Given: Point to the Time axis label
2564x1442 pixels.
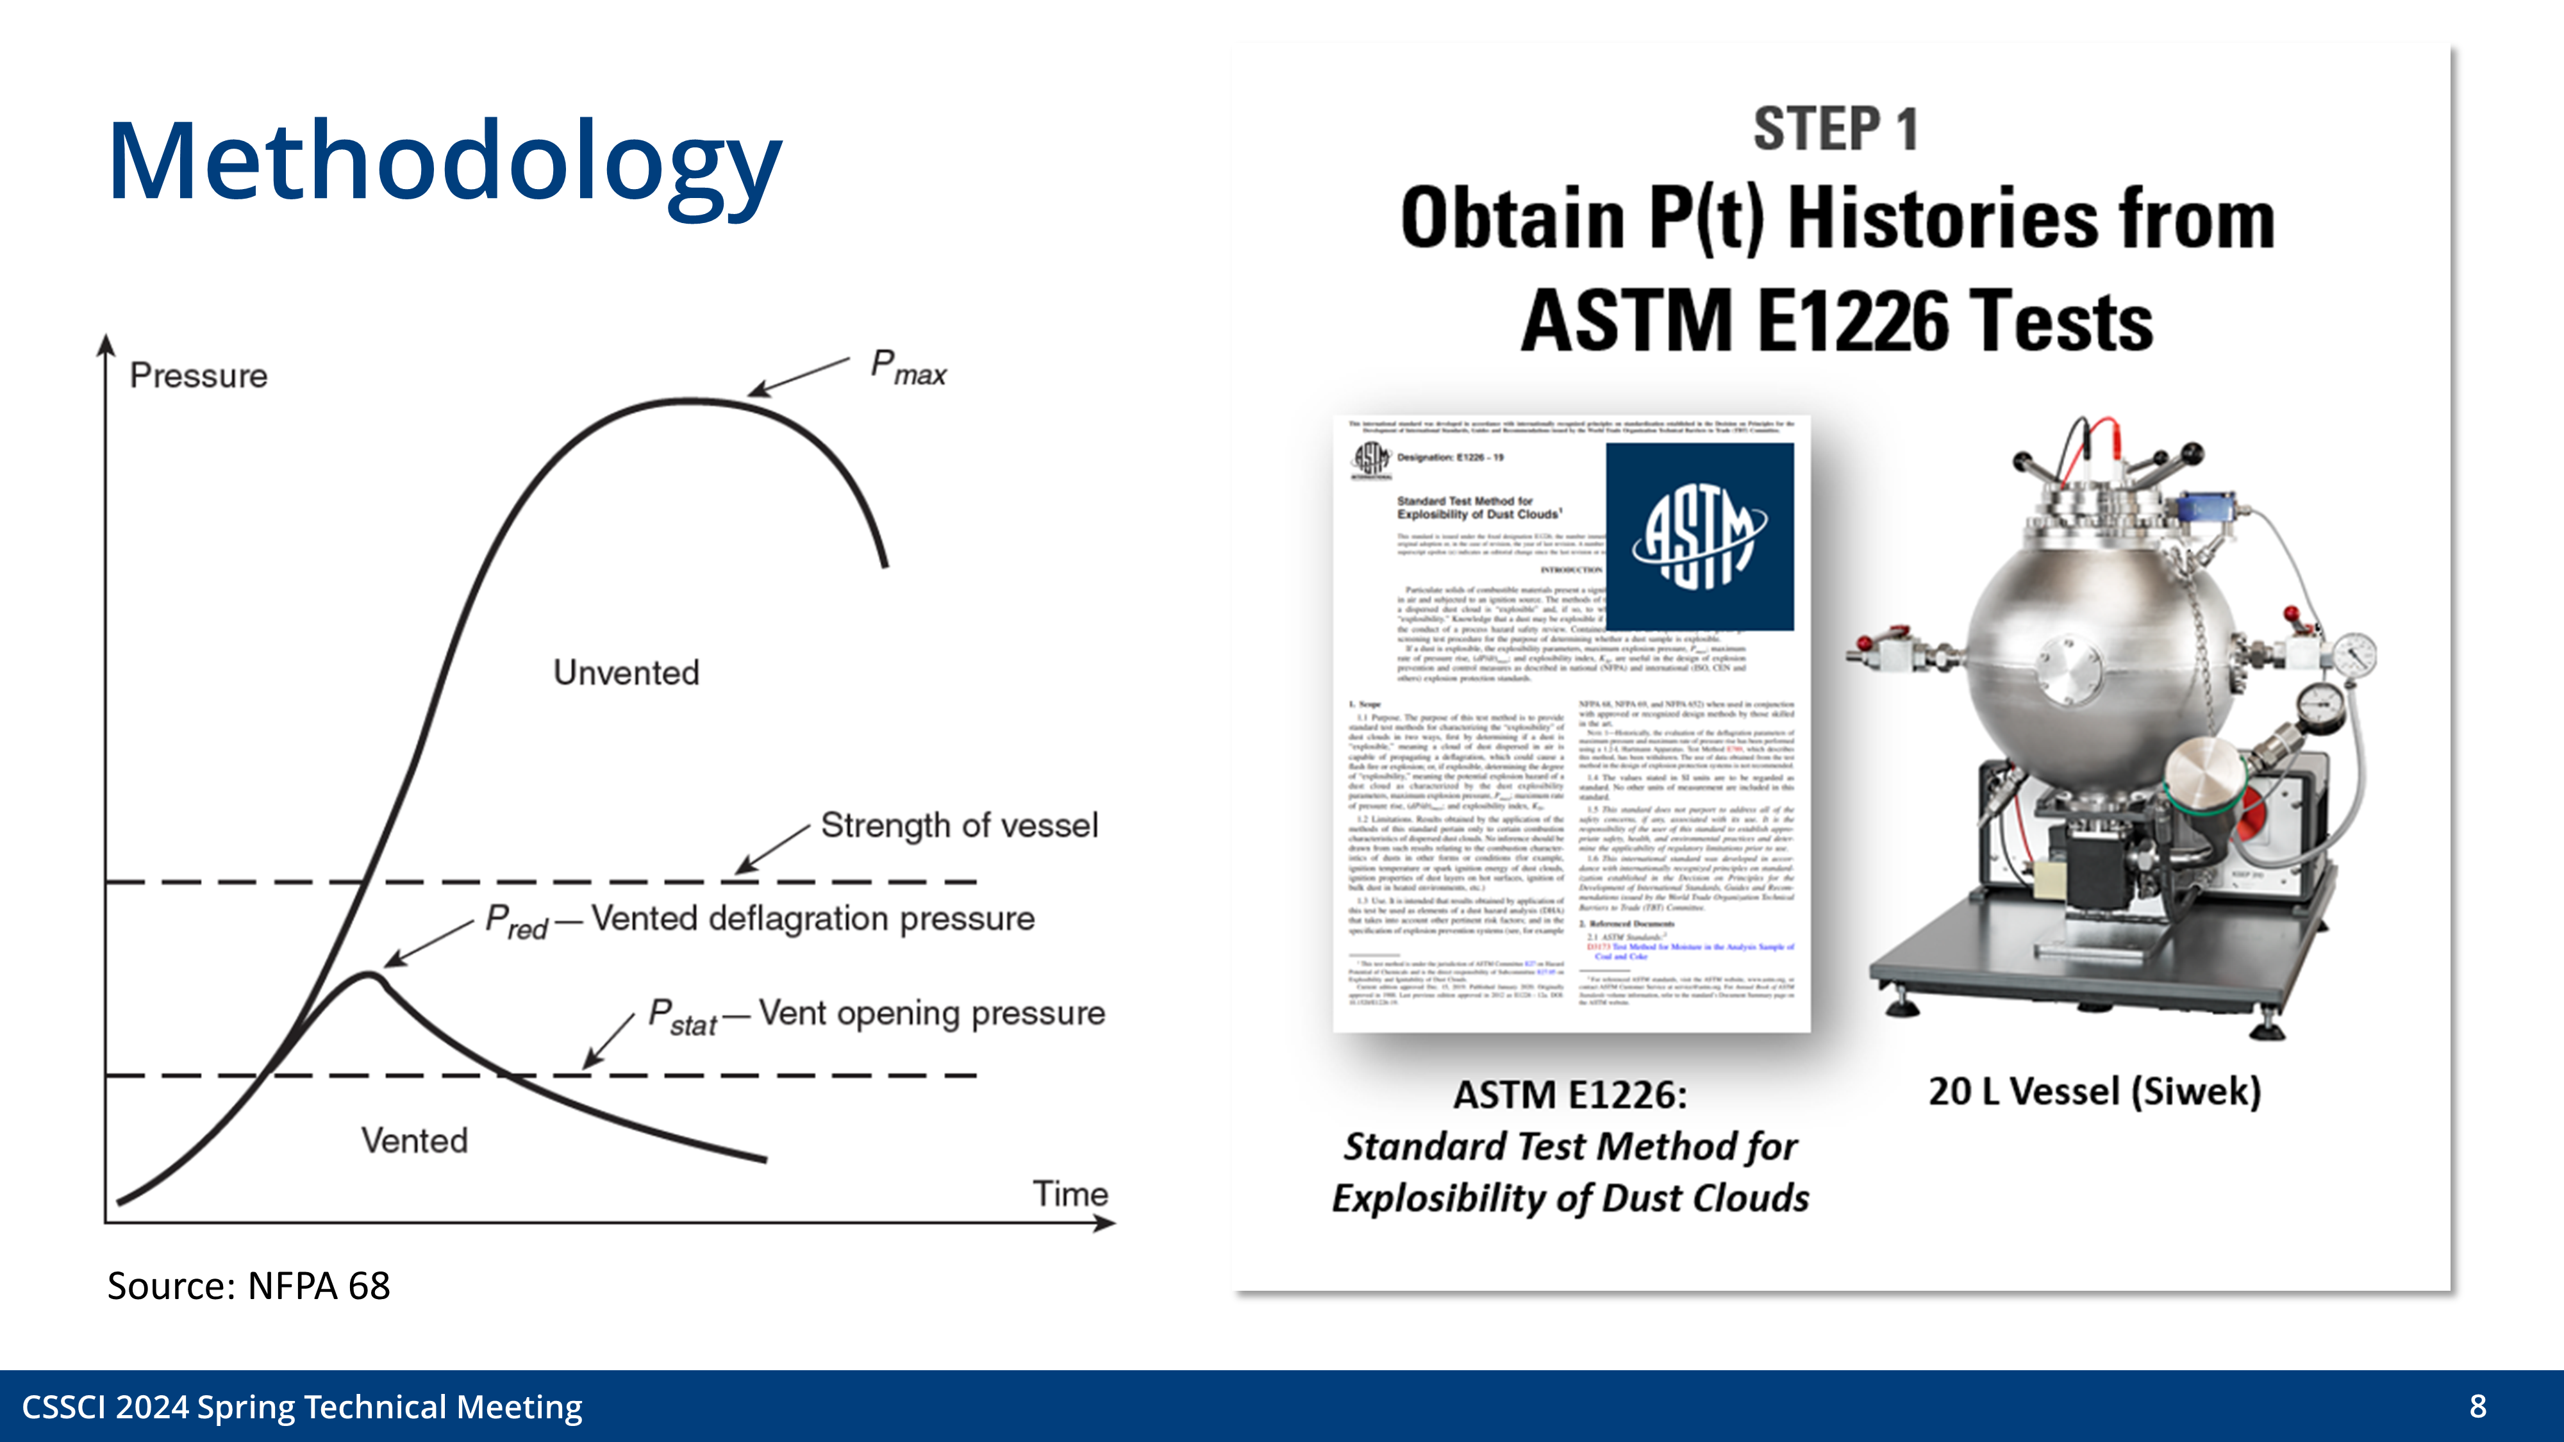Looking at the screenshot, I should point(1070,1193).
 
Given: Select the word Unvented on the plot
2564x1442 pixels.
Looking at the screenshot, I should point(626,673).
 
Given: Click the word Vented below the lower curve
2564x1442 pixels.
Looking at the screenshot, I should point(414,1141).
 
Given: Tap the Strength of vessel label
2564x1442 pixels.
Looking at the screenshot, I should point(958,825).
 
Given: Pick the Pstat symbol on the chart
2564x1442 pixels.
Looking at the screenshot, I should point(682,1017).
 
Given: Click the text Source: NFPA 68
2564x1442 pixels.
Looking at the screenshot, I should point(248,1286).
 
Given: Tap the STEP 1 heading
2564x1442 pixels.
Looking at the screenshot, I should point(1835,129).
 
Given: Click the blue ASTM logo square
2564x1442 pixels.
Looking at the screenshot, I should point(1699,536).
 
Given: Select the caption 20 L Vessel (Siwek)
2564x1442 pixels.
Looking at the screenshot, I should point(2094,1091).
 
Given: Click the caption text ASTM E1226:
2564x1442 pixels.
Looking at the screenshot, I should point(1570,1095).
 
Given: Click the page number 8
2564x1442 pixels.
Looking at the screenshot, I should point(2477,1405).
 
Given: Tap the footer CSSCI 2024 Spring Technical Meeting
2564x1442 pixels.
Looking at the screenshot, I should point(301,1406).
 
